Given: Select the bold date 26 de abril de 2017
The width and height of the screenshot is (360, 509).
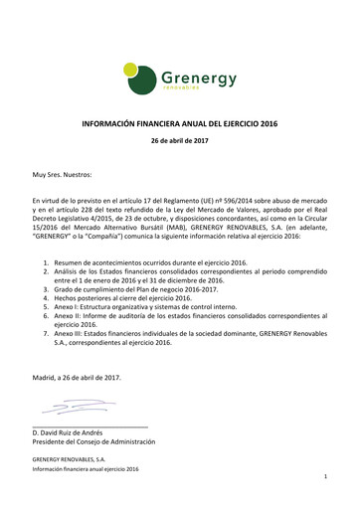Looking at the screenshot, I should [x=179, y=143].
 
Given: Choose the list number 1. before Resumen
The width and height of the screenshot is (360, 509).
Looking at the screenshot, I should [x=46, y=261].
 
